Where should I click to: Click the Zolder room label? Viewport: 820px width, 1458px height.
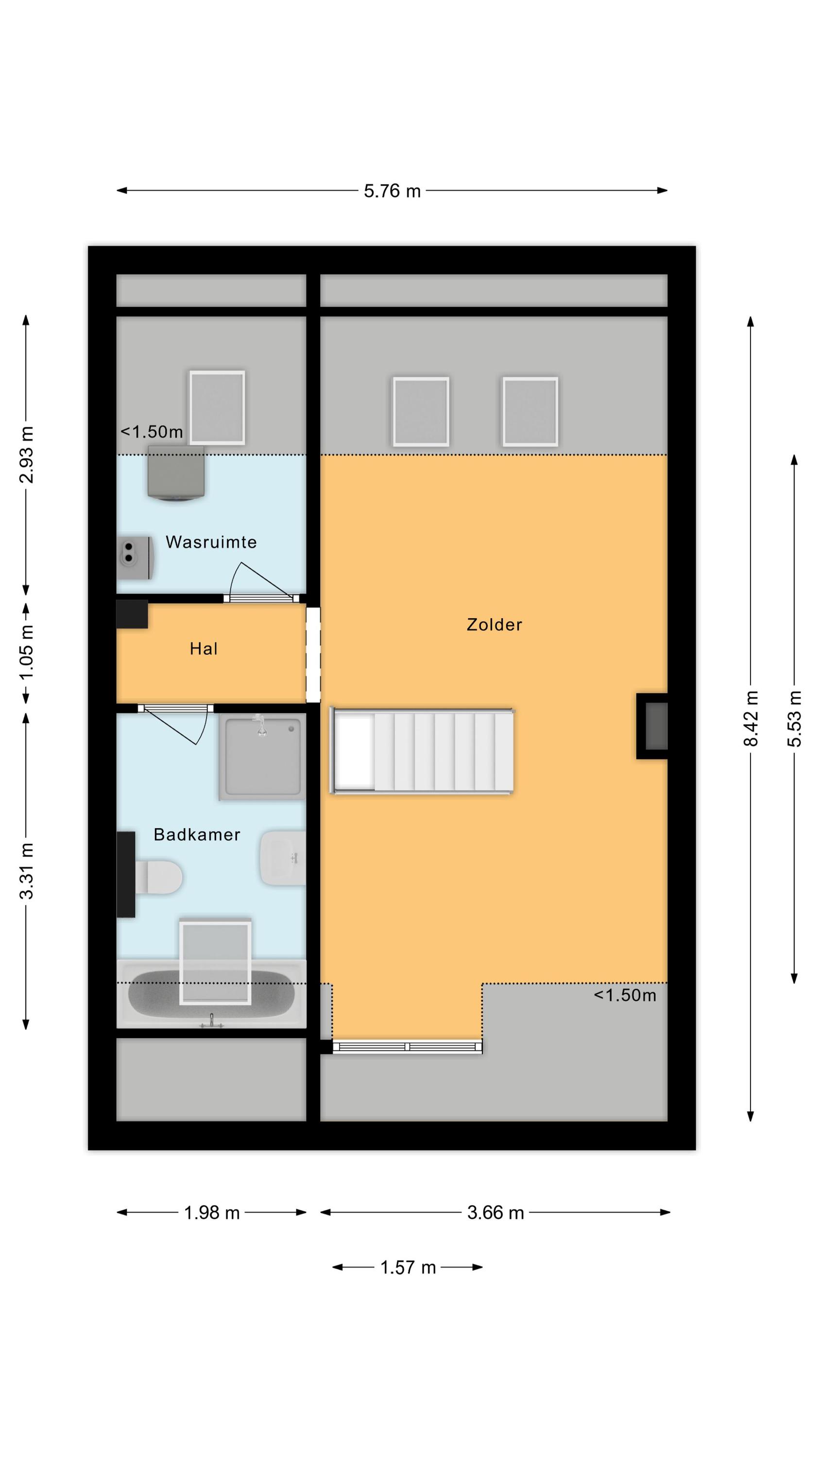(x=494, y=625)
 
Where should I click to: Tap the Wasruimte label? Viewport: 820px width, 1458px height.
(x=211, y=542)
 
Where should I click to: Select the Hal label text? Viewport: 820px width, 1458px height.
(x=203, y=649)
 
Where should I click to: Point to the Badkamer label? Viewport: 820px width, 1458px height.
(x=197, y=834)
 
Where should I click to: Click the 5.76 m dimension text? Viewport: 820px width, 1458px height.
(x=392, y=191)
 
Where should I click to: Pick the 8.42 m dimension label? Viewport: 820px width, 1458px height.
(x=751, y=718)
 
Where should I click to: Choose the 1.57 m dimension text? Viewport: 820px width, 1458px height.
(x=408, y=1267)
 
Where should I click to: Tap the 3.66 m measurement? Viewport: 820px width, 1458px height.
(x=495, y=1213)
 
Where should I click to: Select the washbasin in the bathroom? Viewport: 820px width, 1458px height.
(x=282, y=857)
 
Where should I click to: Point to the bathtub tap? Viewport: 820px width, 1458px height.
(x=212, y=1021)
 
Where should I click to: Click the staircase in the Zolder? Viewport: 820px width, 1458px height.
(x=422, y=750)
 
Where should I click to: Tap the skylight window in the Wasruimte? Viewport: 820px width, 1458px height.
(x=217, y=408)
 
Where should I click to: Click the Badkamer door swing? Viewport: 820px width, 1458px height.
(x=176, y=724)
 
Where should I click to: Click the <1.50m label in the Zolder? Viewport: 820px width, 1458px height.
(x=625, y=995)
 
